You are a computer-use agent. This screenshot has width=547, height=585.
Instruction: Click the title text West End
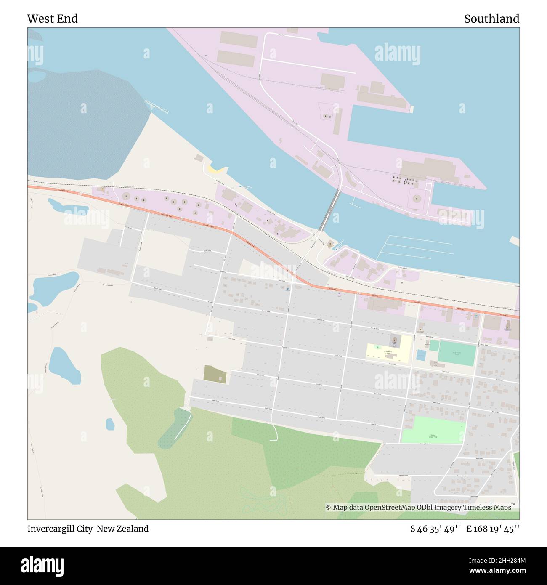(52, 19)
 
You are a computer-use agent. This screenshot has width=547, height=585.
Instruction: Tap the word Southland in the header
(491, 19)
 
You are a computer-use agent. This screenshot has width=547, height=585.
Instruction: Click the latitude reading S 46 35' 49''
(436, 529)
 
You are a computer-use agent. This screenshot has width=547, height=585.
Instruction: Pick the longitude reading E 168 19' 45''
(493, 529)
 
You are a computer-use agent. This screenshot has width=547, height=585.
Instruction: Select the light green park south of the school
(433, 430)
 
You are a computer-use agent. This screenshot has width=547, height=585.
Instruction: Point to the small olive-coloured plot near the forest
(215, 374)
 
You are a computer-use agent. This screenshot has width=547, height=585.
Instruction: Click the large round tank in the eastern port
(416, 198)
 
